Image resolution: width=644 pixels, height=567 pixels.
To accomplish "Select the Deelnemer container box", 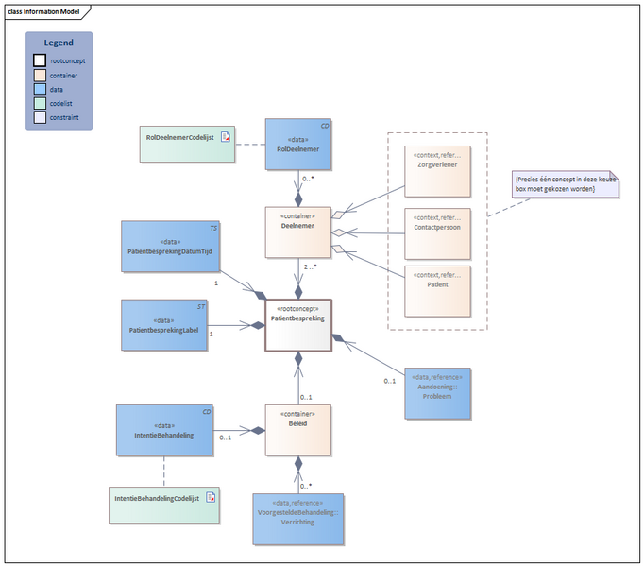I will [298, 232].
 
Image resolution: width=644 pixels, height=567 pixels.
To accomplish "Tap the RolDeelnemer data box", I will [298, 143].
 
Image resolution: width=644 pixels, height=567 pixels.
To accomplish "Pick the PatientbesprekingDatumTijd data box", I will [164, 247].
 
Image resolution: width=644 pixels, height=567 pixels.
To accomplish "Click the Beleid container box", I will [298, 430].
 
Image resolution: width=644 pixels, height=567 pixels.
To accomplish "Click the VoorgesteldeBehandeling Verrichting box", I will [297, 518].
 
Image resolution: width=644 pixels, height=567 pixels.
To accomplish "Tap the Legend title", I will [59, 43].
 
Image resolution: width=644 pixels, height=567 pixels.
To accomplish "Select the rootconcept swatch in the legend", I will [40, 60].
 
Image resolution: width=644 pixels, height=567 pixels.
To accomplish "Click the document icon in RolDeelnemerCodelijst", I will [225, 138].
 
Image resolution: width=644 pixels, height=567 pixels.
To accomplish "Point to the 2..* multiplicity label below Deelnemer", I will [309, 268].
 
